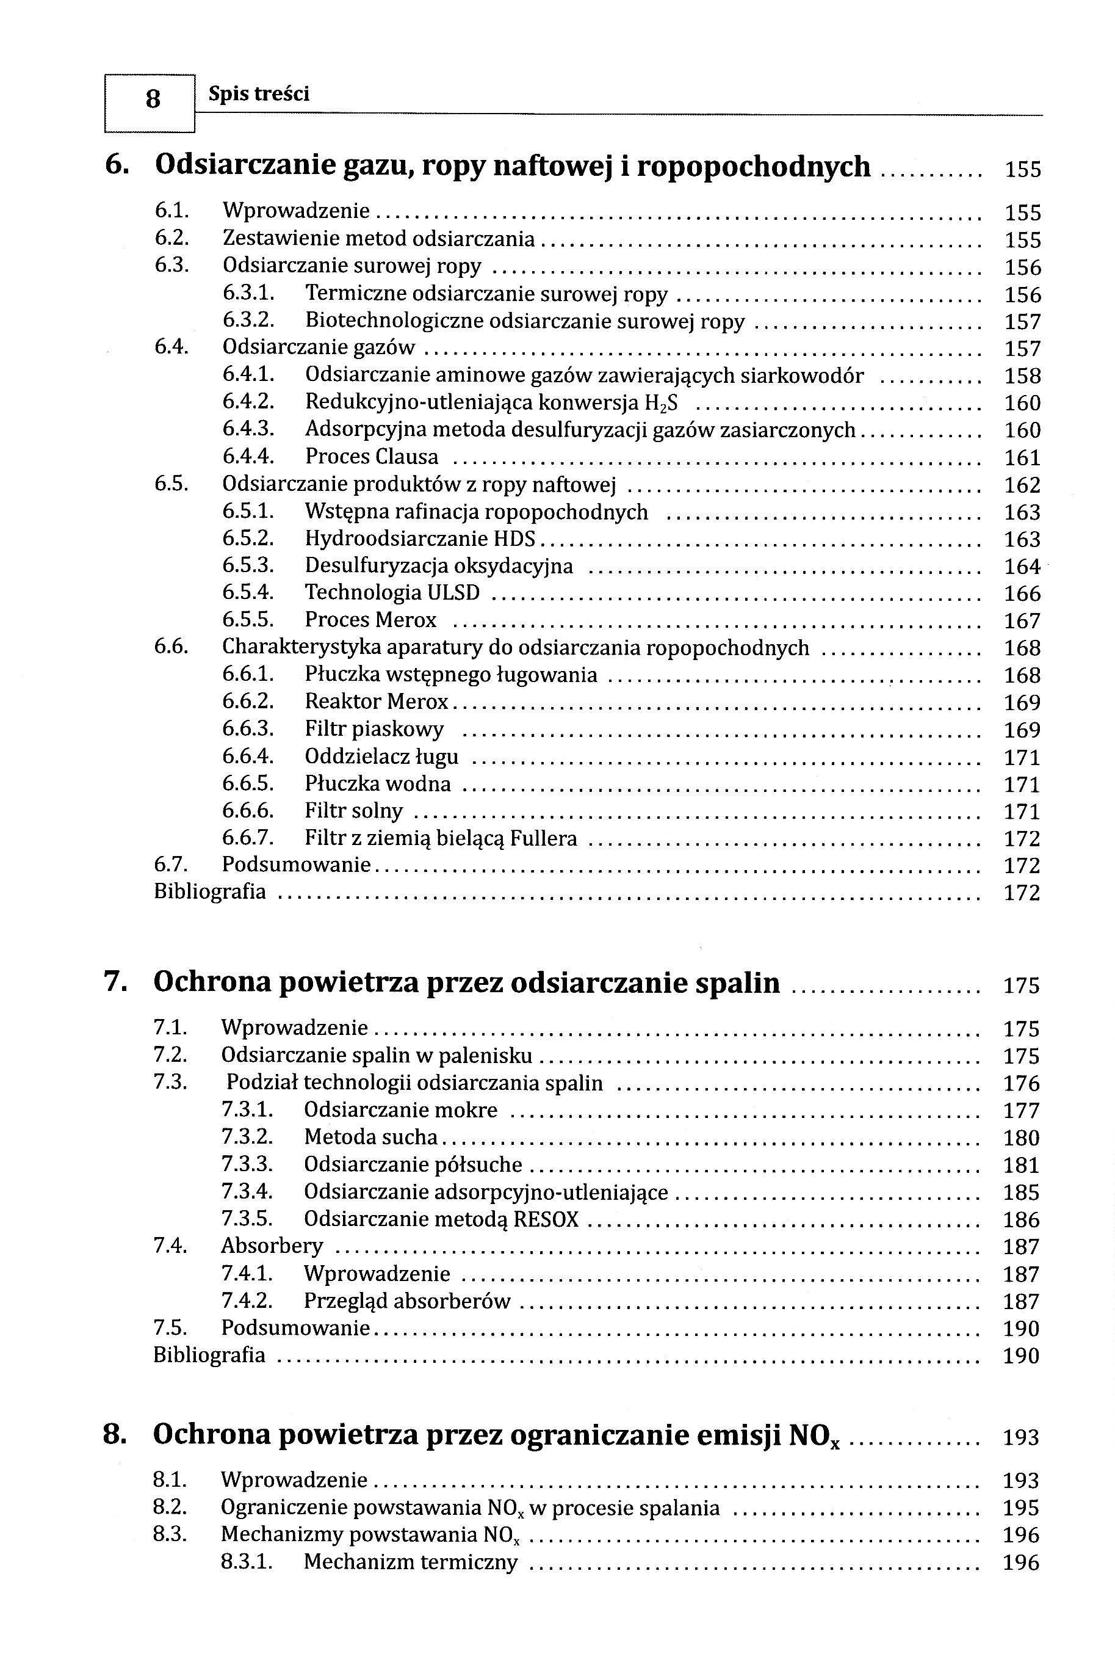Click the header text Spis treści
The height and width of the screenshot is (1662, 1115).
pyautogui.click(x=259, y=94)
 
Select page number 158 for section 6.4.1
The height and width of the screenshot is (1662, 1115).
pyautogui.click(x=1022, y=376)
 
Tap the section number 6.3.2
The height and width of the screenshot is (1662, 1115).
pyautogui.click(x=248, y=321)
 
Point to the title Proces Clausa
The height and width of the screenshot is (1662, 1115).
pyautogui.click(x=371, y=457)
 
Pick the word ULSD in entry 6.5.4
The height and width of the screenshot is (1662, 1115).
pyautogui.click(x=453, y=593)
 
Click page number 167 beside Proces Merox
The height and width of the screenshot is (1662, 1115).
pyautogui.click(x=1022, y=621)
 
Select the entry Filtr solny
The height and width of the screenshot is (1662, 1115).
pyautogui.click(x=353, y=811)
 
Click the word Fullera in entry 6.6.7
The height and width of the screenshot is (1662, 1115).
pyautogui.click(x=543, y=839)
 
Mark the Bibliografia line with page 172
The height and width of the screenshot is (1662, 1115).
pyautogui.click(x=210, y=892)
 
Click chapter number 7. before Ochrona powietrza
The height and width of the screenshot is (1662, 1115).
pyautogui.click(x=115, y=982)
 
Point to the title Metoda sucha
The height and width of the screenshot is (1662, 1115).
pyautogui.click(x=370, y=1137)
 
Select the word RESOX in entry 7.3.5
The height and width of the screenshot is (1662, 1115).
pyautogui.click(x=546, y=1219)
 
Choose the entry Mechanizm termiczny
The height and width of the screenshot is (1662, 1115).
pyautogui.click(x=410, y=1563)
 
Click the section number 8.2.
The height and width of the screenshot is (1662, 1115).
pyautogui.click(x=169, y=1508)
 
